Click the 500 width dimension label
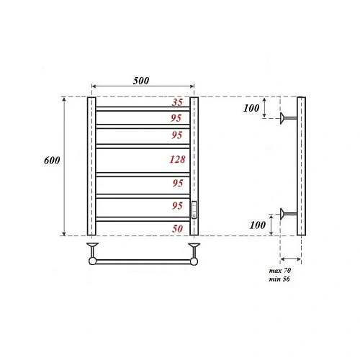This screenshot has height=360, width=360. click(x=141, y=81)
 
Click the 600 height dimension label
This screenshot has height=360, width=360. click(x=52, y=160)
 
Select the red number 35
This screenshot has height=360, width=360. click(x=176, y=102)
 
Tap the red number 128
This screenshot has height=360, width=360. click(x=176, y=159)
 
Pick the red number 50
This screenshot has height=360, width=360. click(x=176, y=228)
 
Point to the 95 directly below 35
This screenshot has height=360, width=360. click(x=176, y=117)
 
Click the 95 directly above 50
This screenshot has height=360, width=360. click(x=176, y=207)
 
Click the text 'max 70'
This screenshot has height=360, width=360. click(x=278, y=269)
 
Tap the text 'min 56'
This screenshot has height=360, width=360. click(x=278, y=278)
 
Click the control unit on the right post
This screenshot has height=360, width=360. click(x=194, y=210)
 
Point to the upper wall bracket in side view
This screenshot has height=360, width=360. click(x=289, y=117)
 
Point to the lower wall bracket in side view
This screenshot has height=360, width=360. click(x=289, y=212)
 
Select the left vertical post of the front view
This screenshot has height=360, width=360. click(x=91, y=166)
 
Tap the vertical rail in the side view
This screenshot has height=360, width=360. click(x=301, y=166)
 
